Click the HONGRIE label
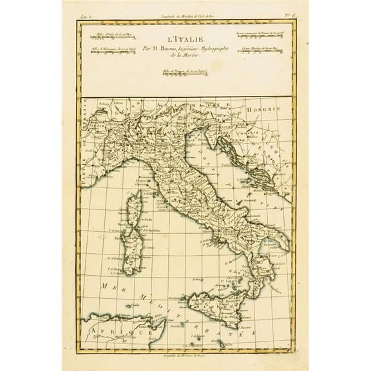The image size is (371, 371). click(271, 110)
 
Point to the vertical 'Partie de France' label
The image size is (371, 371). click(84, 161)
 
